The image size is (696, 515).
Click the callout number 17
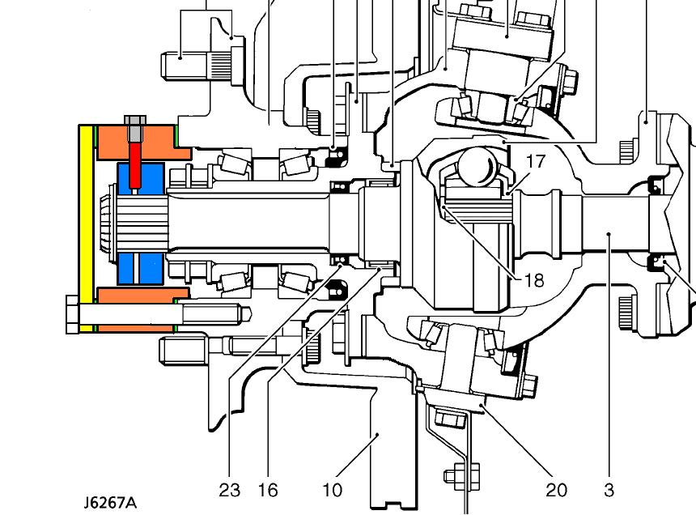point(536,161)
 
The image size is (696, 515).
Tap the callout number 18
point(533,280)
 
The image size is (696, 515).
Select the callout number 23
point(229,490)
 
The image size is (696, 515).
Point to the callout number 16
point(268,490)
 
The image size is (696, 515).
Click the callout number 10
point(333,490)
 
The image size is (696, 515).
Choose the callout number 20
point(556,490)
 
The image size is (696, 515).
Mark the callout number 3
point(609,490)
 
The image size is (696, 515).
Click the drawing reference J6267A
point(108,502)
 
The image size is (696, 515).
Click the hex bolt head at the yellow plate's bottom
point(71,314)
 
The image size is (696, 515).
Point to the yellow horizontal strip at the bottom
point(129,329)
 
